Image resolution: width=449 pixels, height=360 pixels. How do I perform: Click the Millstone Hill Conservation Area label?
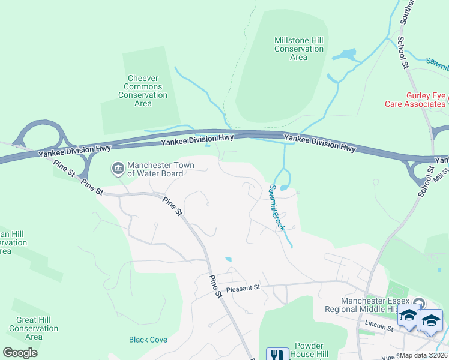[x=298, y=49]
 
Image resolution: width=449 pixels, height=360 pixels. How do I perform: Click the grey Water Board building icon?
[x=118, y=169]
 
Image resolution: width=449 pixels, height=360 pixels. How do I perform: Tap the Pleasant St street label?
[x=243, y=287]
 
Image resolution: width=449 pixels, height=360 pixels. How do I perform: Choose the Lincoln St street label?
[x=378, y=328]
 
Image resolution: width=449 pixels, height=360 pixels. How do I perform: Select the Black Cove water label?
[x=148, y=340]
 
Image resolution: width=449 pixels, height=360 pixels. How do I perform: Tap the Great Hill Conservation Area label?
[x=34, y=328]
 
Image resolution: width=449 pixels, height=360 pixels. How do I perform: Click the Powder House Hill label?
[x=310, y=350]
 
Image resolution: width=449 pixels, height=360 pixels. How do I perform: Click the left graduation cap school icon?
[x=409, y=317]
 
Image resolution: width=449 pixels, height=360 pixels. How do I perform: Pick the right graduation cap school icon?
[x=430, y=320]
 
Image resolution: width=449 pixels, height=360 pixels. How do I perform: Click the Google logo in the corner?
[x=20, y=353]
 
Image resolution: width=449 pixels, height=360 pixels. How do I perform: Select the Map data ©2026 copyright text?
[x=423, y=355]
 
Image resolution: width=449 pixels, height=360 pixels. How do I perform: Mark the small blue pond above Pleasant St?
[x=228, y=259]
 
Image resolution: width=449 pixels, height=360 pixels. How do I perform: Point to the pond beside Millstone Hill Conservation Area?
[x=345, y=56]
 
